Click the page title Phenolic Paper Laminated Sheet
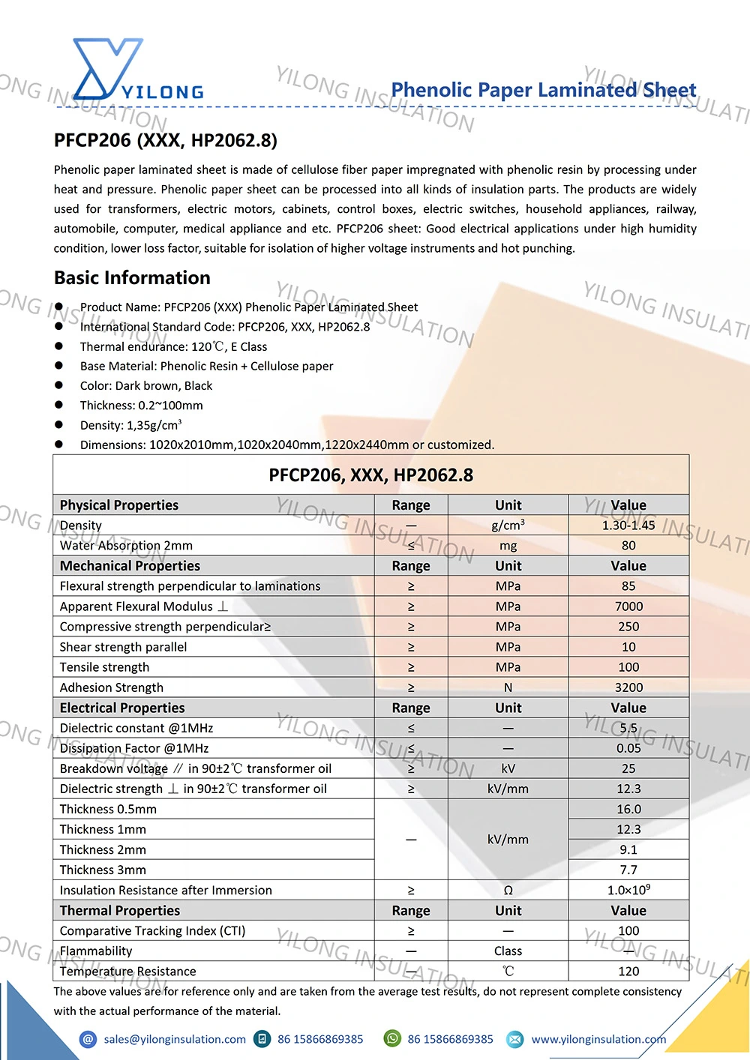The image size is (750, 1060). tap(543, 90)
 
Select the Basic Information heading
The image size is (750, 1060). tap(132, 277)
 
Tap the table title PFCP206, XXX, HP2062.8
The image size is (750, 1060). tap(370, 475)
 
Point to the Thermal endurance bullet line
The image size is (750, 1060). tap(173, 346)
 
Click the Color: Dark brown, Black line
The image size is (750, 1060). tap(146, 385)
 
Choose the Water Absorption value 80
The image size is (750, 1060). tap(628, 546)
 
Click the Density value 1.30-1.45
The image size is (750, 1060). tap(628, 526)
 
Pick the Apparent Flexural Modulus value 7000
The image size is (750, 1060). tap(628, 606)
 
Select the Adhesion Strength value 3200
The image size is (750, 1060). tap(628, 687)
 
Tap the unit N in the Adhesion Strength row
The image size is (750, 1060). tap(508, 687)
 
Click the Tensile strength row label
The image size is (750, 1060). tap(104, 667)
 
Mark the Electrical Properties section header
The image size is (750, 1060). tap(122, 708)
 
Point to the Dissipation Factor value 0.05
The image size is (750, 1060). tap(628, 748)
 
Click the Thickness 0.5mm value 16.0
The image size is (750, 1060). tap(628, 809)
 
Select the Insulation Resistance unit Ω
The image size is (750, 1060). tap(508, 891)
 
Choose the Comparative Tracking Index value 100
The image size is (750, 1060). tap(628, 931)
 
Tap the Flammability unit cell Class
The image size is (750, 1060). tap(508, 951)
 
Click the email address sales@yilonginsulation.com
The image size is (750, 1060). tap(175, 1039)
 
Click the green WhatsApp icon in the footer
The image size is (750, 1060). tap(392, 1038)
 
